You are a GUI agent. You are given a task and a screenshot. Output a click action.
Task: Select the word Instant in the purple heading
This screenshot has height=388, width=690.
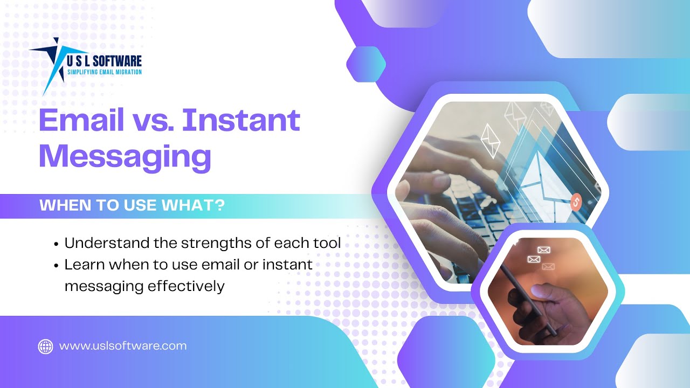(240, 121)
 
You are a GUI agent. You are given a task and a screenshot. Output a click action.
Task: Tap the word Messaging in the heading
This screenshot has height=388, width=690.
(125, 156)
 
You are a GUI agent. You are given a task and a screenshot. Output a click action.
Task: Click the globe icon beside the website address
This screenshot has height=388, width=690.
(45, 346)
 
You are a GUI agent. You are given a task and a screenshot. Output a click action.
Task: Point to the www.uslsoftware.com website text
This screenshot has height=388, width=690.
(123, 346)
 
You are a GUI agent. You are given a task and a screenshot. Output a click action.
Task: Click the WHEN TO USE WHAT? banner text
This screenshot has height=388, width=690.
(132, 206)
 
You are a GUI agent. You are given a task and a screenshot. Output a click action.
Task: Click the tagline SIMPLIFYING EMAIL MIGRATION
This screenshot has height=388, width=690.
(103, 72)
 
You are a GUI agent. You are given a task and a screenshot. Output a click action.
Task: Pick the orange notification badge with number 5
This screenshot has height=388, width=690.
(576, 203)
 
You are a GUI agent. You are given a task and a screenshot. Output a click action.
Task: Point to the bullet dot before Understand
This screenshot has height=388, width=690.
(57, 244)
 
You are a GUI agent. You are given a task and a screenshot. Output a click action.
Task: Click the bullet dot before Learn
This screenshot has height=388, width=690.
(57, 266)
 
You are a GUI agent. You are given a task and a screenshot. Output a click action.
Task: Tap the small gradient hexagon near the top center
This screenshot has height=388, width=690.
(366, 64)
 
